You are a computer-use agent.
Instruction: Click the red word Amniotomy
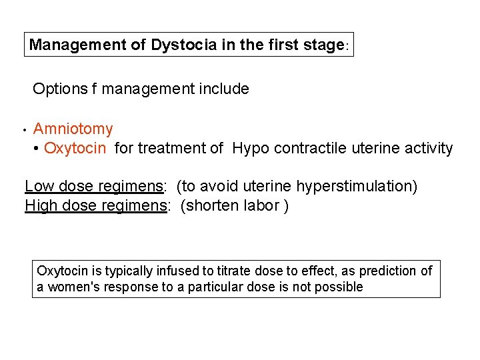click(x=73, y=129)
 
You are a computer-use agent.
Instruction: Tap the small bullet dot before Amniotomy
click(x=23, y=129)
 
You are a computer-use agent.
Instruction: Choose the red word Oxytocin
click(x=75, y=148)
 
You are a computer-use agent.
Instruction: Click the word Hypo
click(x=250, y=148)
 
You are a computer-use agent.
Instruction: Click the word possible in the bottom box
click(x=341, y=287)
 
